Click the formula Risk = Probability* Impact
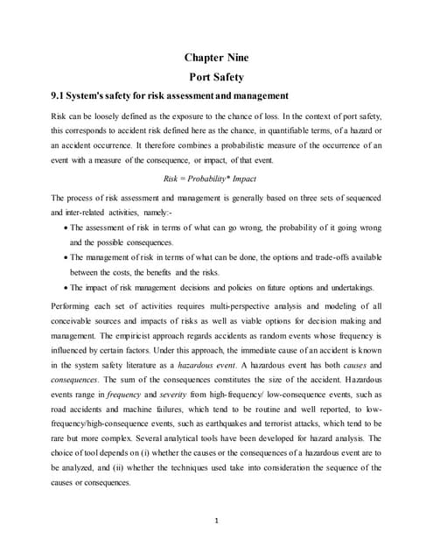click(x=216, y=178)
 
